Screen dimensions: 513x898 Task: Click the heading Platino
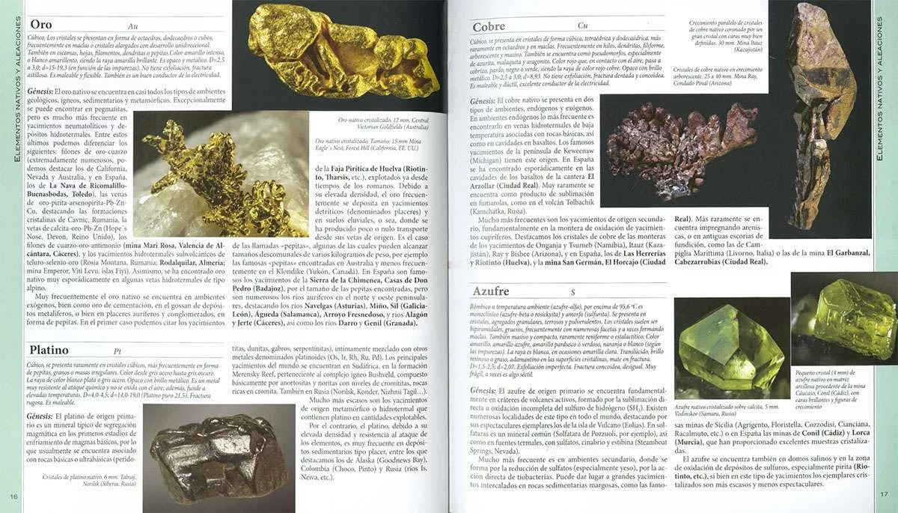point(49,350)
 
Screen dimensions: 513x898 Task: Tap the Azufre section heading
point(491,291)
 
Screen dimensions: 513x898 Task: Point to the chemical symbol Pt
point(117,350)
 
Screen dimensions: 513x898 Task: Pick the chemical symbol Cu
point(582,26)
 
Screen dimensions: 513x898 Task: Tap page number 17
point(883,494)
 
